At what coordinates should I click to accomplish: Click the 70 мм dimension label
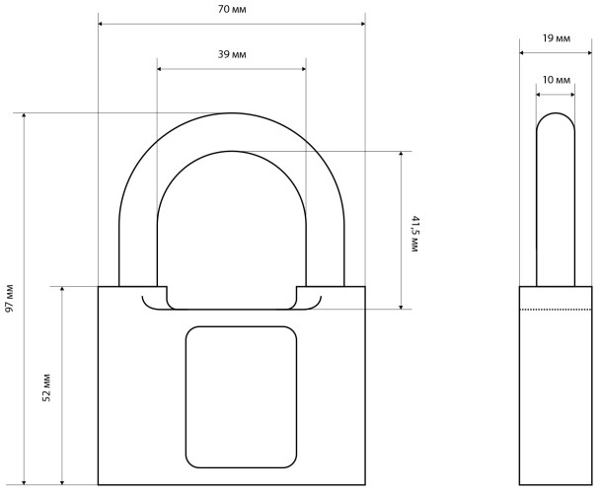(x=232, y=9)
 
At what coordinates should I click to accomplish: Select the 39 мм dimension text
(x=232, y=54)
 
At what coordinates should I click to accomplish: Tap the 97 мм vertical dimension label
(x=9, y=299)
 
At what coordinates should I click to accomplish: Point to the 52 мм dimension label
(x=46, y=387)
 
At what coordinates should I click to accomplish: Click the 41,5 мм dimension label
(x=415, y=234)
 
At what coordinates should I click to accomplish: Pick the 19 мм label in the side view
(x=556, y=38)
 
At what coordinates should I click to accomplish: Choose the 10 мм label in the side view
(x=556, y=80)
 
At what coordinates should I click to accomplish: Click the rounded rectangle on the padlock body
(x=241, y=397)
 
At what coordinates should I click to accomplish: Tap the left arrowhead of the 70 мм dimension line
(x=101, y=24)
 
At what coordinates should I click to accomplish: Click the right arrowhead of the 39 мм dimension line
(x=304, y=69)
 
